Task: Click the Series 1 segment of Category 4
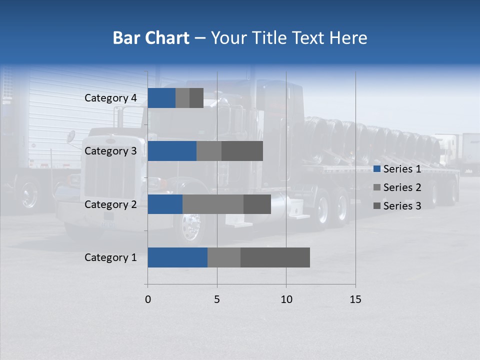(161, 98)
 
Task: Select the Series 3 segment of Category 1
(275, 257)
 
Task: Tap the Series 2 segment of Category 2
(213, 204)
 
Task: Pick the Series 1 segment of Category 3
(172, 151)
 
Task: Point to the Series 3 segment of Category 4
(196, 98)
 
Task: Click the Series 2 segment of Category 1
(224, 257)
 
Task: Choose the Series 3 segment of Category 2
(257, 204)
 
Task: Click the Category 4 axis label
(110, 98)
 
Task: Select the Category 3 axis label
(110, 151)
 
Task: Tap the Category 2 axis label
(110, 204)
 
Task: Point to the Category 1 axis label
(110, 257)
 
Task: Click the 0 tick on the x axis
(148, 299)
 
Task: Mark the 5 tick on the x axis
(217, 299)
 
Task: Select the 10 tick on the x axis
(286, 299)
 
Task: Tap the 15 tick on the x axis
(355, 299)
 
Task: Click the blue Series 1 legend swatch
(377, 169)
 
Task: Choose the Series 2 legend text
(402, 187)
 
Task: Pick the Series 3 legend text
(402, 206)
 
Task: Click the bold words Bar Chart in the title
(150, 38)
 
